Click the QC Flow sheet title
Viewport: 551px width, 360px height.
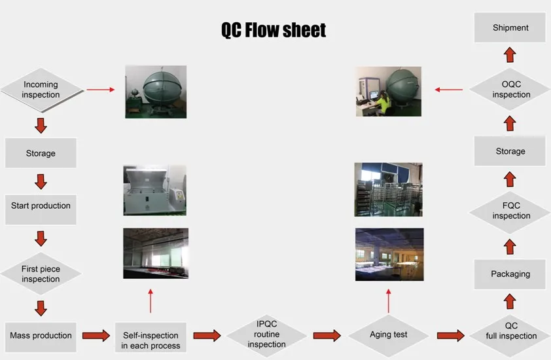tap(273, 29)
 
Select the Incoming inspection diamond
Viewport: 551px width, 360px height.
tap(41, 90)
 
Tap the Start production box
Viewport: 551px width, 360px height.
tap(41, 206)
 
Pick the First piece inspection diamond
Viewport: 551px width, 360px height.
tap(41, 274)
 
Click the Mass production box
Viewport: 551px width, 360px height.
tap(41, 336)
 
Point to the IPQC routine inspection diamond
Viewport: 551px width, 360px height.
tap(266, 334)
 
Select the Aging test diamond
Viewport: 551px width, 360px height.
tap(389, 335)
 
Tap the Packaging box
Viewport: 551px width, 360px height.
tap(510, 274)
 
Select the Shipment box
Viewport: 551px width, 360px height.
tap(510, 28)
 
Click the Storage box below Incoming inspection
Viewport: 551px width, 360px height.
tap(41, 153)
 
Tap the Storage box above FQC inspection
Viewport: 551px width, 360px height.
tap(510, 151)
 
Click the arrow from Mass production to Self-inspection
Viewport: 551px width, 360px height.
tap(96, 336)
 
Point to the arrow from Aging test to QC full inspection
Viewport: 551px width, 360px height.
tap(451, 336)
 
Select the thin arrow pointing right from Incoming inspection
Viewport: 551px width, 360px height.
tap(101, 90)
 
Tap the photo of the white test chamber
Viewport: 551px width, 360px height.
tap(154, 190)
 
